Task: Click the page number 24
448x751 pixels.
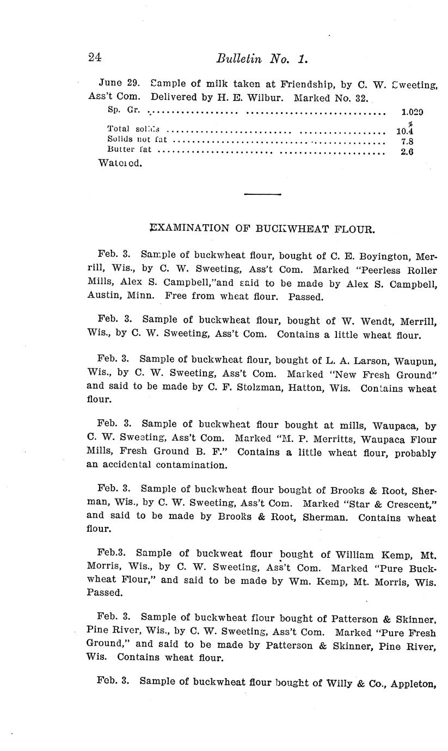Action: [x=95, y=58]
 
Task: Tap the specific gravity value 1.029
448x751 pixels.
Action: [x=412, y=113]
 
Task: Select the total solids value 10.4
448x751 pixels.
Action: [x=404, y=131]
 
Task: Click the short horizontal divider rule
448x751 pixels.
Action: [x=263, y=194]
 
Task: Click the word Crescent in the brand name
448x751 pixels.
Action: [x=406, y=503]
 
